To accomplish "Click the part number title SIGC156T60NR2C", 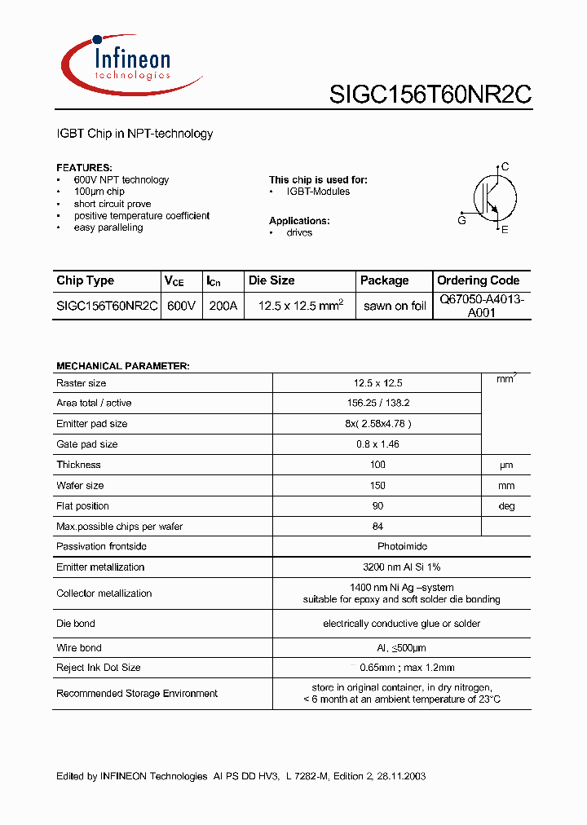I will (430, 95).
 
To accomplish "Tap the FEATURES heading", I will (84, 167).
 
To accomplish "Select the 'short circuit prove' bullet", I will (113, 204).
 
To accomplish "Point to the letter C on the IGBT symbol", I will (505, 167).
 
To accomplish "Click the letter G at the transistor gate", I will (461, 220).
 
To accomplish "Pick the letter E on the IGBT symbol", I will (505, 230).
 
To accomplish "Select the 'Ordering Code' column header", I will (478, 280).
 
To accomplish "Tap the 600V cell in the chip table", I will (180, 306).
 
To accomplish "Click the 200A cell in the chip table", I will (222, 306).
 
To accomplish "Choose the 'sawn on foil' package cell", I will (395, 307).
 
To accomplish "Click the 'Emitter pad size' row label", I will (92, 424).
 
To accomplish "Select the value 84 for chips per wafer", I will (377, 527).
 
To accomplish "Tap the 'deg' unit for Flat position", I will (506, 506).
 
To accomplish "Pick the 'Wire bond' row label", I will (79, 648).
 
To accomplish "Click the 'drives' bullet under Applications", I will (299, 233).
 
